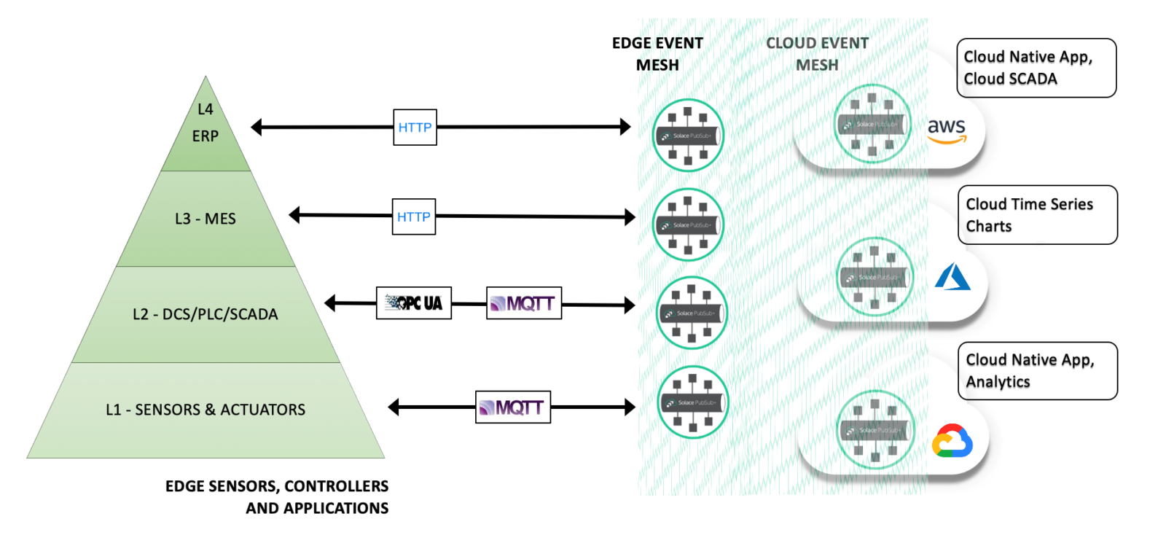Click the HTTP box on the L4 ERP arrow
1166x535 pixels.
click(415, 128)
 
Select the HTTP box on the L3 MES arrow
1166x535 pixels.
click(413, 216)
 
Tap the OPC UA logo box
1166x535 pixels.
click(413, 303)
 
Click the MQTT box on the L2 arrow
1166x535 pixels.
click(523, 303)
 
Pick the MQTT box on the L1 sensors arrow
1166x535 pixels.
click(512, 407)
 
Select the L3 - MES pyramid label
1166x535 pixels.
click(206, 219)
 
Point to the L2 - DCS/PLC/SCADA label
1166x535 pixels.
click(206, 314)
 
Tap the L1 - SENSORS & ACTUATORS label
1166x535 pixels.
click(206, 410)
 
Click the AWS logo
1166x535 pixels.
click(947, 130)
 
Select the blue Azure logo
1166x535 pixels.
click(952, 278)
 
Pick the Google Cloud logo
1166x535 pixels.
click(952, 441)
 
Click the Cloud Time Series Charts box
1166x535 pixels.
click(1037, 215)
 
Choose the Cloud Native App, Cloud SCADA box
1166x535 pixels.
click(1036, 68)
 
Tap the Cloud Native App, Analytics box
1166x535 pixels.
click(1037, 371)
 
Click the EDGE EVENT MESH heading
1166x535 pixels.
click(657, 54)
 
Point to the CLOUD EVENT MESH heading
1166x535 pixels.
click(817, 54)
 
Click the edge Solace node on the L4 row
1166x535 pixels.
click(687, 136)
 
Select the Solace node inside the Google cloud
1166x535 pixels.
click(874, 430)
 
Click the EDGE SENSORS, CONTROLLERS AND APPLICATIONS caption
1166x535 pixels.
click(278, 497)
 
